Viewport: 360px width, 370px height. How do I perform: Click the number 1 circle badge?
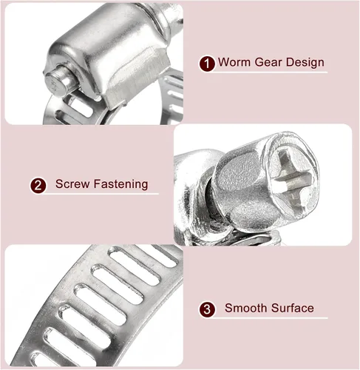207,64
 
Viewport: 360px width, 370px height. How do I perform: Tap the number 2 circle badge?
38,185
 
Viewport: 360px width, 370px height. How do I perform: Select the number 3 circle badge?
207,309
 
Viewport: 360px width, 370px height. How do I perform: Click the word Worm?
234,62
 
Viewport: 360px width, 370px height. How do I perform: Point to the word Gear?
268,62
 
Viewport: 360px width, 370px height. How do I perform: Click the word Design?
305,63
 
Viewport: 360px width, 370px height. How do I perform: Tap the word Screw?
72,184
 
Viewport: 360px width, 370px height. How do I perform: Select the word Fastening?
120,184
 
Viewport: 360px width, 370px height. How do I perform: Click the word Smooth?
246,308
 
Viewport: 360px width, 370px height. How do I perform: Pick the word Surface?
293,308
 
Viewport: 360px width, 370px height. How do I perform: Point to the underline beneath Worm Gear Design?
270,73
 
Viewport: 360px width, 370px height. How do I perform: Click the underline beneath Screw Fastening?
101,194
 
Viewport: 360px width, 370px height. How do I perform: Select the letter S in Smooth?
228,308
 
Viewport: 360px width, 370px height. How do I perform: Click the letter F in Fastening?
97,184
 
